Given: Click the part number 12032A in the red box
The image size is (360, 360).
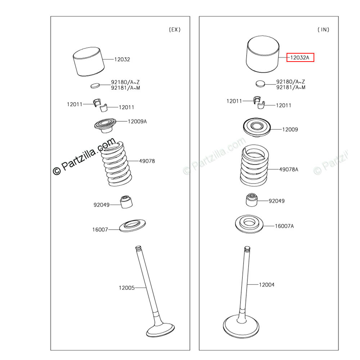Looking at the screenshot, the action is tap(300, 57).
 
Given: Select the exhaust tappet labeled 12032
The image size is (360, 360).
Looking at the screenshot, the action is tap(89, 62).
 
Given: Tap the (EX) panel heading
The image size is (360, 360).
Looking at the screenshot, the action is tap(175, 30).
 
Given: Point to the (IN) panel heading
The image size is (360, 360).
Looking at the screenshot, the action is tap(323, 30).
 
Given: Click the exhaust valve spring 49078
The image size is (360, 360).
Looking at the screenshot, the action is tap(116, 164).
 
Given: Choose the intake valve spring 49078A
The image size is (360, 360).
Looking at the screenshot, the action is tap(255, 165).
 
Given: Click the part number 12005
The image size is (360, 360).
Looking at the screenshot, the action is tap(126, 288).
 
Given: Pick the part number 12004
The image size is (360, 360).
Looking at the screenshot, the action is tap(266, 285).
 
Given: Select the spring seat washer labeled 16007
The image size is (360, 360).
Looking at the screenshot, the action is tap(132, 226).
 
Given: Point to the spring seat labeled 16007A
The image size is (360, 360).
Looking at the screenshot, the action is tap(249, 224).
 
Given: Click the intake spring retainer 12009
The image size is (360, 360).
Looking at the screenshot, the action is tap(257, 127).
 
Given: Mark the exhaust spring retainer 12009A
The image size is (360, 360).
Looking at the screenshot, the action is tap(105, 125).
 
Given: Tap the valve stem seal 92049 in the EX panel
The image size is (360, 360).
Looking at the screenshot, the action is tap(126, 202).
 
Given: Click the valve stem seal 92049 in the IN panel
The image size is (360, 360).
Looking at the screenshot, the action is tap(252, 200).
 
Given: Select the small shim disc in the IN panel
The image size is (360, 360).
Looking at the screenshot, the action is tap(260, 84).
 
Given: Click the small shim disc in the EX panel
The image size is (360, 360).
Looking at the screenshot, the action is tap(95, 86).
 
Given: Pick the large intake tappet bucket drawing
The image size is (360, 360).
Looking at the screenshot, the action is tap(263, 54).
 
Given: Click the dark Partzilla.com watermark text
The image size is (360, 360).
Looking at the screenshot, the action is tap(84, 156).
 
